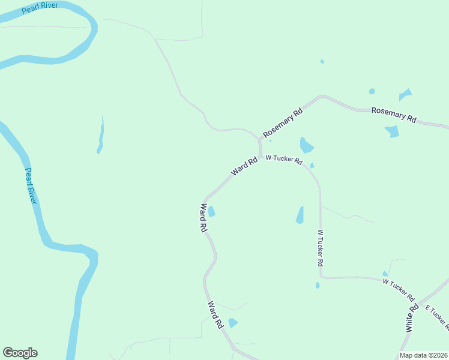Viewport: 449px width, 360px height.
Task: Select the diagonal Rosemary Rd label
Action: pos(283,122)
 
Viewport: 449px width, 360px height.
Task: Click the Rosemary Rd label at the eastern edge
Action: pos(394,115)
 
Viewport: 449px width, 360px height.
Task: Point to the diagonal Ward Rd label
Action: pos(244,167)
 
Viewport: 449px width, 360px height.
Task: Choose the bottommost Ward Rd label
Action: pos(215,314)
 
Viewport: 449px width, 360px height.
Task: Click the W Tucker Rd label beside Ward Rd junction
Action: pos(283,160)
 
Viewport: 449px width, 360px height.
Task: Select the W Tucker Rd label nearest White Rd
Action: pos(399,290)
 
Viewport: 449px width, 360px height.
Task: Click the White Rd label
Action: pos(412,319)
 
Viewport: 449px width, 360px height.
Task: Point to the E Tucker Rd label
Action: pos(437,317)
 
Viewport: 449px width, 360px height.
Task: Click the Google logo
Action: pos(20,353)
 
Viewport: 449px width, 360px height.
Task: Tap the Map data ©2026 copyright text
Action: pos(423,355)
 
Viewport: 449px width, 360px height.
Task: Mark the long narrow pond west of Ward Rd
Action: pos(101,136)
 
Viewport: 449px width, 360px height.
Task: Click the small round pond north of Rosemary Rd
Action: pos(372,91)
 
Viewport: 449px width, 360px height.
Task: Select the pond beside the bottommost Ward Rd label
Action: pos(233,323)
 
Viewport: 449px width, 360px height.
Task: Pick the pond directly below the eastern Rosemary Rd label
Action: pos(392,131)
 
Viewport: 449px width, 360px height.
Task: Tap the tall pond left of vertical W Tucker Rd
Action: pos(300,215)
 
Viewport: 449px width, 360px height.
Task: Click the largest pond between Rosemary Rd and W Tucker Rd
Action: pos(306,145)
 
